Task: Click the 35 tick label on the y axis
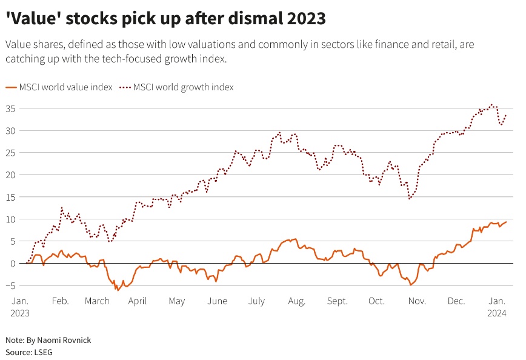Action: tap(11, 108)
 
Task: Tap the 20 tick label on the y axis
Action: tap(11, 175)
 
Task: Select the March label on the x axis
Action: tap(97, 301)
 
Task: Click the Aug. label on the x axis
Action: tap(296, 301)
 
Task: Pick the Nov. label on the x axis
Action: tap(417, 301)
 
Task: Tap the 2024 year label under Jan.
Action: tap(498, 313)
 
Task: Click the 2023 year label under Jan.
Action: tap(20, 313)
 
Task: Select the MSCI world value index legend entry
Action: tap(59, 87)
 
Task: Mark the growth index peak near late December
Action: tap(491, 104)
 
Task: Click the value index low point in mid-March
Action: tap(118, 290)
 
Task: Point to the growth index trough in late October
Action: tap(410, 199)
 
